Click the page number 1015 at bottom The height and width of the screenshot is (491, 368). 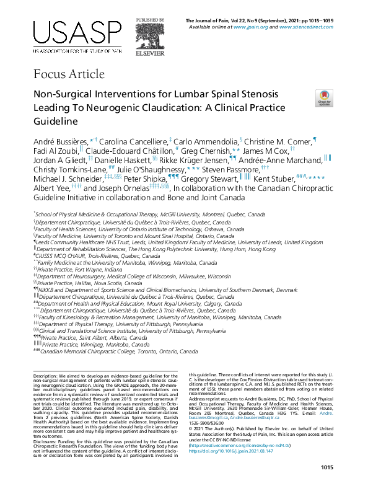pos(324,467)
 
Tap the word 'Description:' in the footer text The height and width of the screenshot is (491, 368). pos(46,376)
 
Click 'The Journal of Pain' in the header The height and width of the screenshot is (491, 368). pos(212,22)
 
